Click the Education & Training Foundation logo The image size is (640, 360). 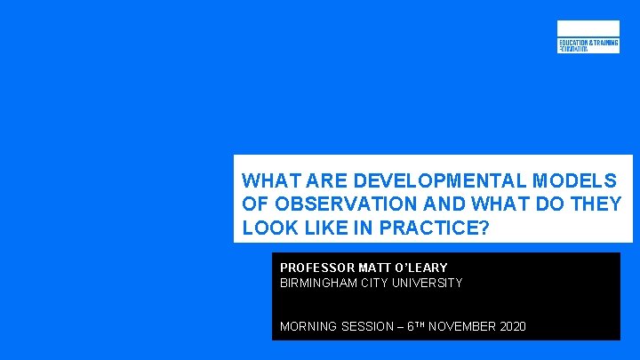click(588, 36)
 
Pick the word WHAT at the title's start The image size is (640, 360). click(268, 180)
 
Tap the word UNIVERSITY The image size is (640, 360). click(429, 283)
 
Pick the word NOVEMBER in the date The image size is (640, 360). click(464, 327)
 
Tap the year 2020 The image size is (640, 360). click(512, 327)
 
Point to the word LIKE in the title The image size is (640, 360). click(322, 228)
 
